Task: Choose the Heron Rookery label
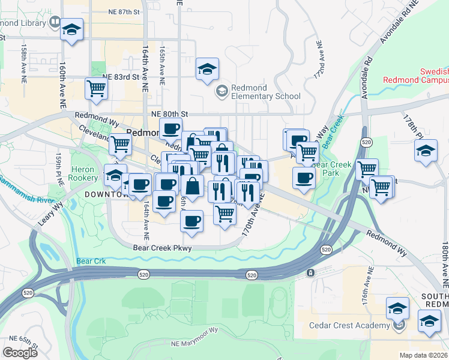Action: coord(84,174)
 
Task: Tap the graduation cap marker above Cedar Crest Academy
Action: coord(397,308)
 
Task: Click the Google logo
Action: coord(20,353)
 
